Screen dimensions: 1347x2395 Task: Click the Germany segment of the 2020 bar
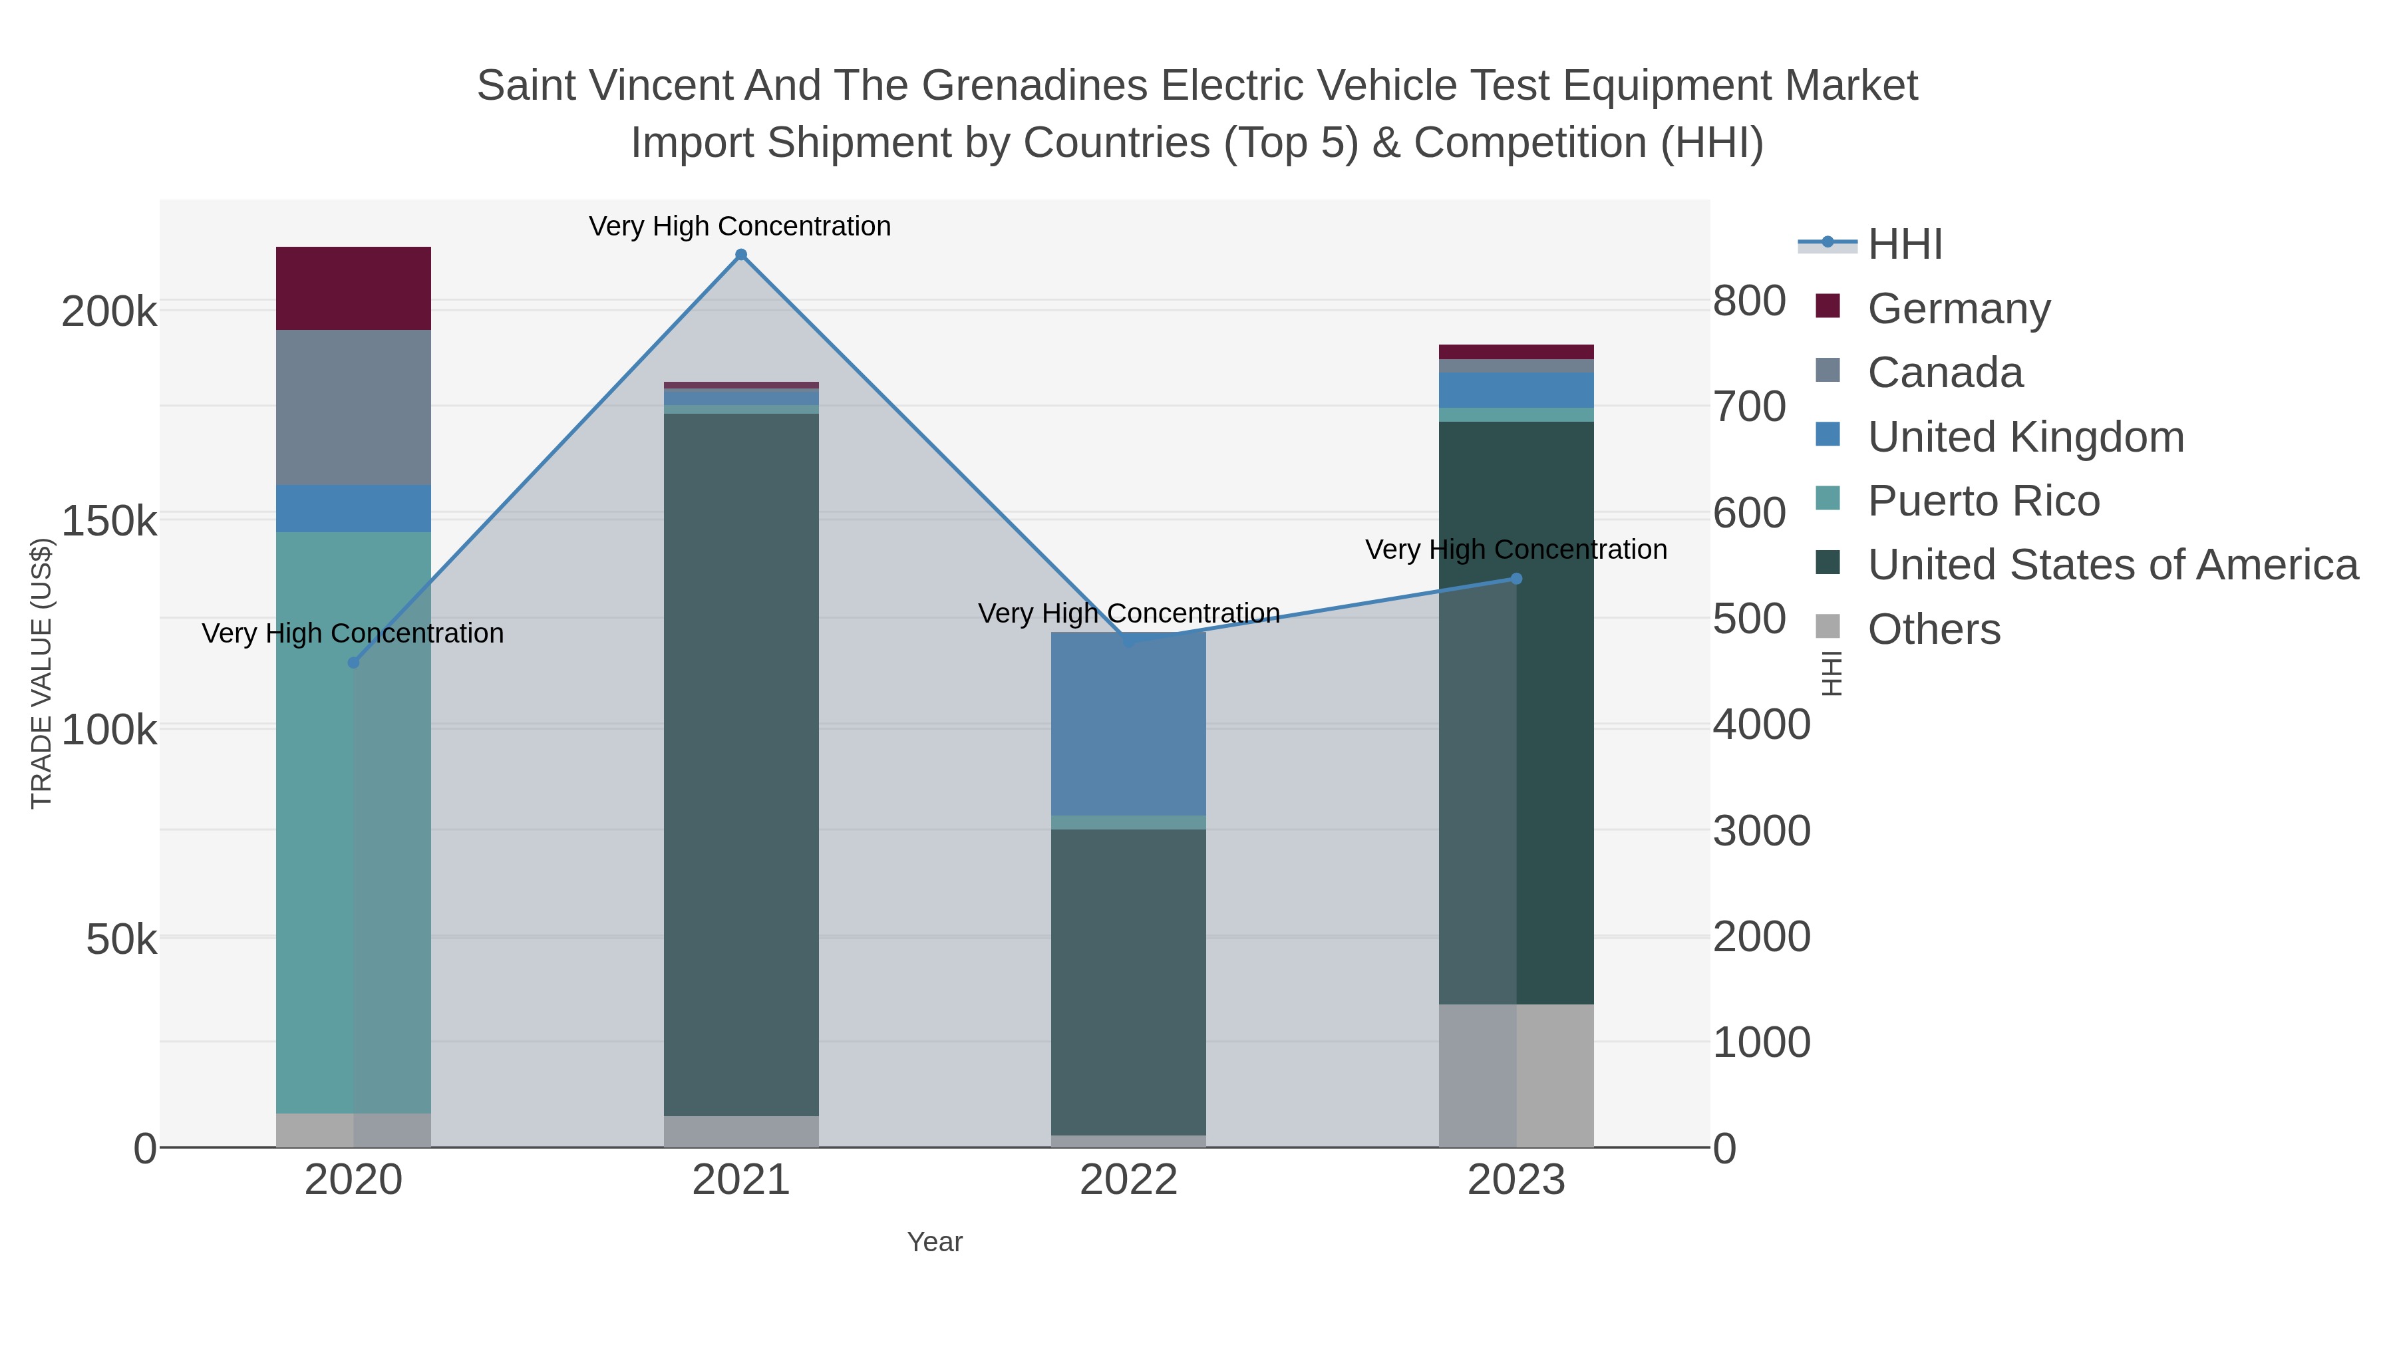pyautogui.click(x=353, y=288)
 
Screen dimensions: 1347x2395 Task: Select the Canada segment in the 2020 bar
pyautogui.click(x=353, y=407)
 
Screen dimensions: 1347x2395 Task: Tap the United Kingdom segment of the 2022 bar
pyautogui.click(x=1128, y=724)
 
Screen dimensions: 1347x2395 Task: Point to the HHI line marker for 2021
pyautogui.click(x=741, y=255)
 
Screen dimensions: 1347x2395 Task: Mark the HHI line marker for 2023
pyautogui.click(x=1516, y=578)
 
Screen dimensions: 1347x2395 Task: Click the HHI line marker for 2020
pyautogui.click(x=353, y=663)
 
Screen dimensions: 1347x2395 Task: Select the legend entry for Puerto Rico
pyautogui.click(x=1983, y=501)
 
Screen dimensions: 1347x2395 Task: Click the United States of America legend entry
pyautogui.click(x=2112, y=565)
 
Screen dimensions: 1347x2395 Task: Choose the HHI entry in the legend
pyautogui.click(x=1904, y=245)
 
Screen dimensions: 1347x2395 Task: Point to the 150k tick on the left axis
pyautogui.click(x=109, y=522)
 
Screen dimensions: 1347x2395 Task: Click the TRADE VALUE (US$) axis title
pyautogui.click(x=42, y=673)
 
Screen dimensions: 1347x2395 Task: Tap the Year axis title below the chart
pyautogui.click(x=935, y=1242)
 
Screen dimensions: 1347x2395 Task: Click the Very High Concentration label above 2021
pyautogui.click(x=740, y=226)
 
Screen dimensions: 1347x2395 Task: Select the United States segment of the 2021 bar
pyautogui.click(x=741, y=762)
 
